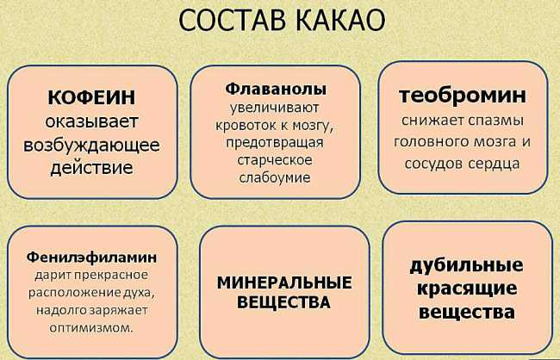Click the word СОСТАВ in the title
pyautogui.click(x=232, y=20)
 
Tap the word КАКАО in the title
pyautogui.click(x=340, y=20)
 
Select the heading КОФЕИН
pyautogui.click(x=91, y=97)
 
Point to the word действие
pyautogui.click(x=91, y=168)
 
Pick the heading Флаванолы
pyautogui.click(x=276, y=89)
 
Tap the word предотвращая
pyautogui.click(x=275, y=143)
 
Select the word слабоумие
pyautogui.click(x=275, y=177)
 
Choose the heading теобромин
pyautogui.click(x=463, y=96)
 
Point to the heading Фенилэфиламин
pyautogui.click(x=91, y=258)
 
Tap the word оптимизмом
pyautogui.click(x=91, y=327)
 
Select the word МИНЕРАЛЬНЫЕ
pyautogui.click(x=284, y=282)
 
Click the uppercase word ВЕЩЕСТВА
pyautogui.click(x=284, y=302)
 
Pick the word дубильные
pyautogui.click(x=466, y=266)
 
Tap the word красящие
pyautogui.click(x=467, y=289)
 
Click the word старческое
pyautogui.click(x=275, y=160)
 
